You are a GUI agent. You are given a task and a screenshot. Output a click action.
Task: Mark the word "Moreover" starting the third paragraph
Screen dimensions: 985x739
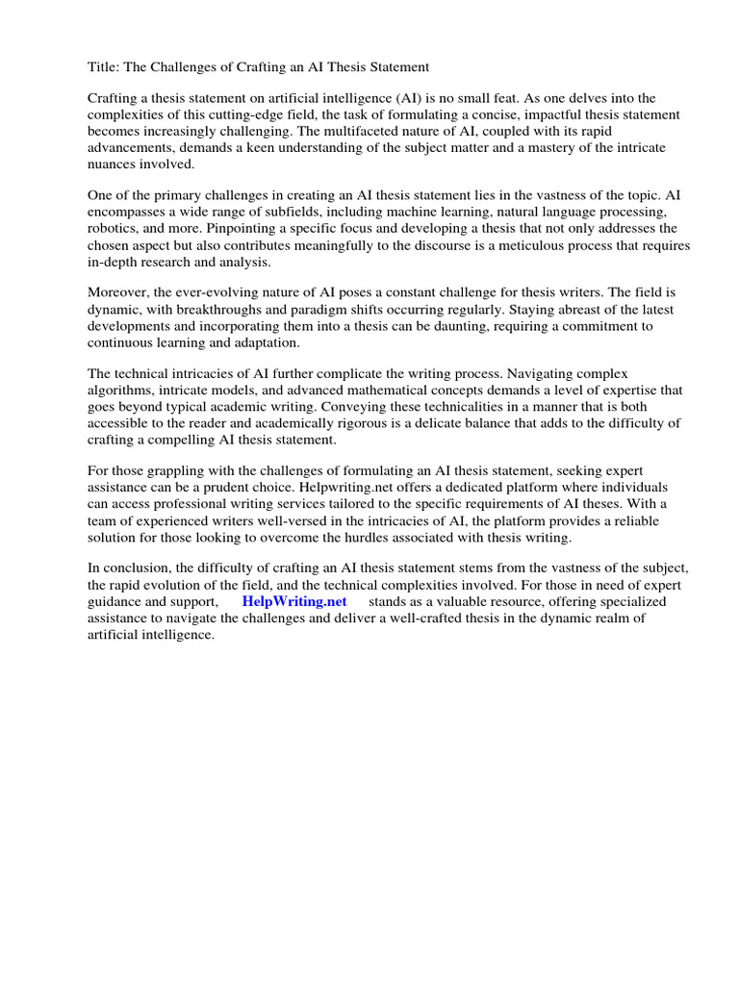coord(119,293)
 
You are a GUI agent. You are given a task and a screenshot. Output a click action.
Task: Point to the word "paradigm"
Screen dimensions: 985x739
coord(332,310)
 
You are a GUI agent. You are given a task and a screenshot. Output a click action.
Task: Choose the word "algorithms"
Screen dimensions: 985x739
coord(121,391)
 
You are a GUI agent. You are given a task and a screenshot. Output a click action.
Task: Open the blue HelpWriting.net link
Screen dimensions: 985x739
coord(294,601)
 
